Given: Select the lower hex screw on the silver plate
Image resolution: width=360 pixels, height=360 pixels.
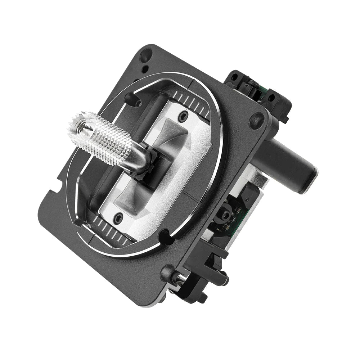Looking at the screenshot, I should coord(118,217).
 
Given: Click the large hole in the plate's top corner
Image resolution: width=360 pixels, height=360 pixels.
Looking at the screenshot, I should coord(146,56).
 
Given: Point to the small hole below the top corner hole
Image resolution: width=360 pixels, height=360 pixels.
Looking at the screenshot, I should coord(144,69).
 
